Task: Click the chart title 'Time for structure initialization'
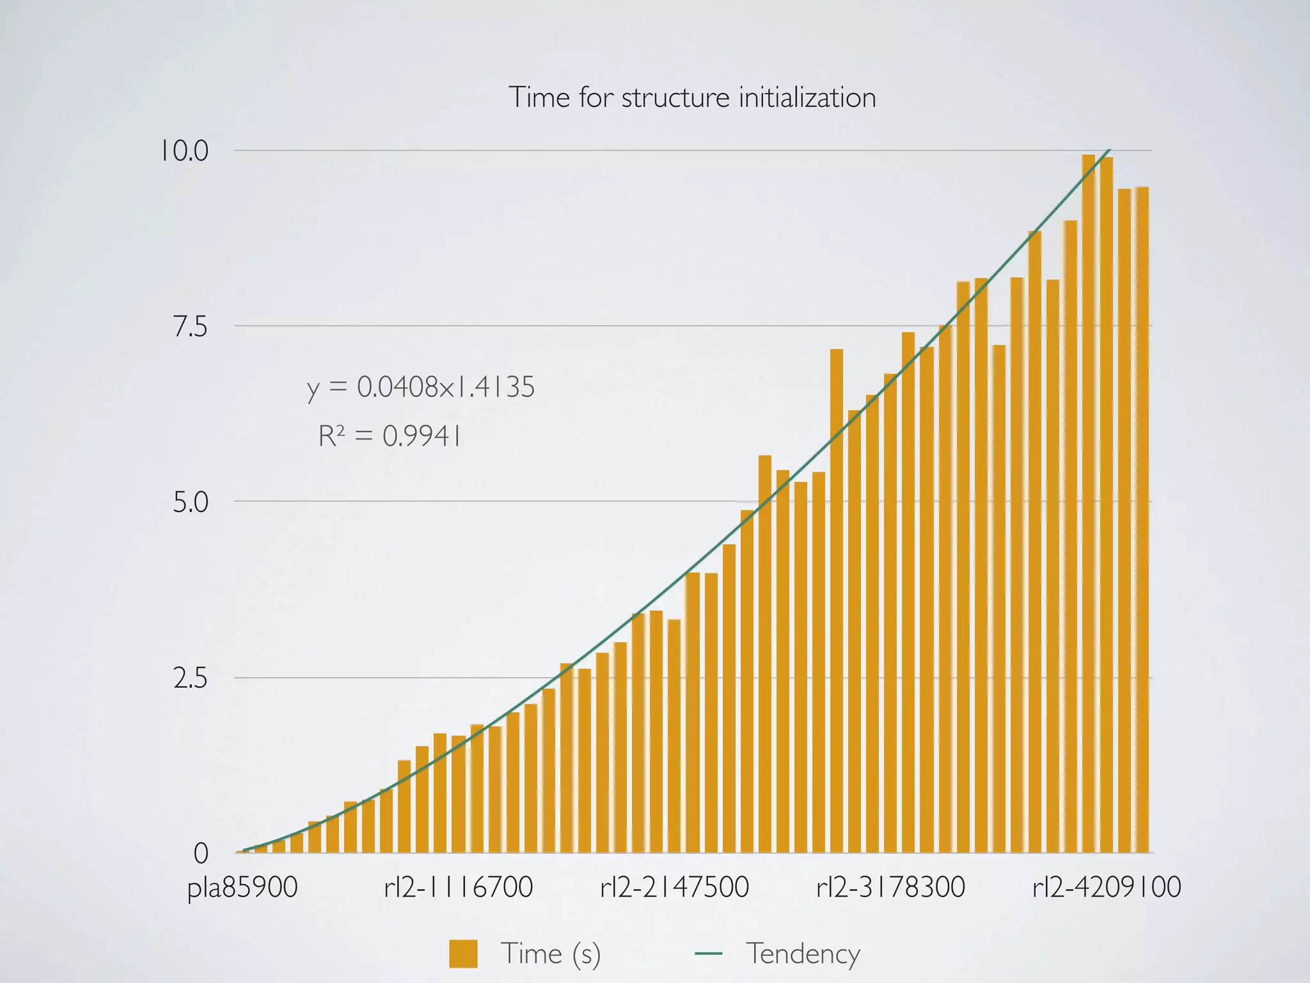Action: pyautogui.click(x=692, y=98)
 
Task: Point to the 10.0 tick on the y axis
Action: pyautogui.click(x=184, y=152)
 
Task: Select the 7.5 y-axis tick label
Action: pyautogui.click(x=191, y=327)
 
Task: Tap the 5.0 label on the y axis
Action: pyautogui.click(x=191, y=503)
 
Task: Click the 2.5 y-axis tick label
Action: pyautogui.click(x=191, y=678)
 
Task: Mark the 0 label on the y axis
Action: pyautogui.click(x=201, y=854)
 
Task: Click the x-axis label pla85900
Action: pyautogui.click(x=242, y=888)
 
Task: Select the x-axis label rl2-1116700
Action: pyautogui.click(x=458, y=888)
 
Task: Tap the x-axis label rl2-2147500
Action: pyautogui.click(x=674, y=888)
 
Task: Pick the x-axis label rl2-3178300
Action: pyautogui.click(x=890, y=888)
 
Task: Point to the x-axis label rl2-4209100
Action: pyautogui.click(x=1107, y=888)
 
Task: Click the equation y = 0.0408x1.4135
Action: pyautogui.click(x=420, y=388)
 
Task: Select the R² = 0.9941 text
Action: pyautogui.click(x=390, y=437)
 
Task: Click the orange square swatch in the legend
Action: pyautogui.click(x=463, y=954)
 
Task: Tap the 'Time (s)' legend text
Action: pyautogui.click(x=550, y=954)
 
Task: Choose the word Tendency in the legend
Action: pyautogui.click(x=803, y=954)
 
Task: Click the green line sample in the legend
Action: pyautogui.click(x=708, y=954)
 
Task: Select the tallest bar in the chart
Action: pyautogui.click(x=1089, y=512)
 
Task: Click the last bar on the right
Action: pyautogui.click(x=1142, y=525)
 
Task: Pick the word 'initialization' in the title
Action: pyautogui.click(x=807, y=98)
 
